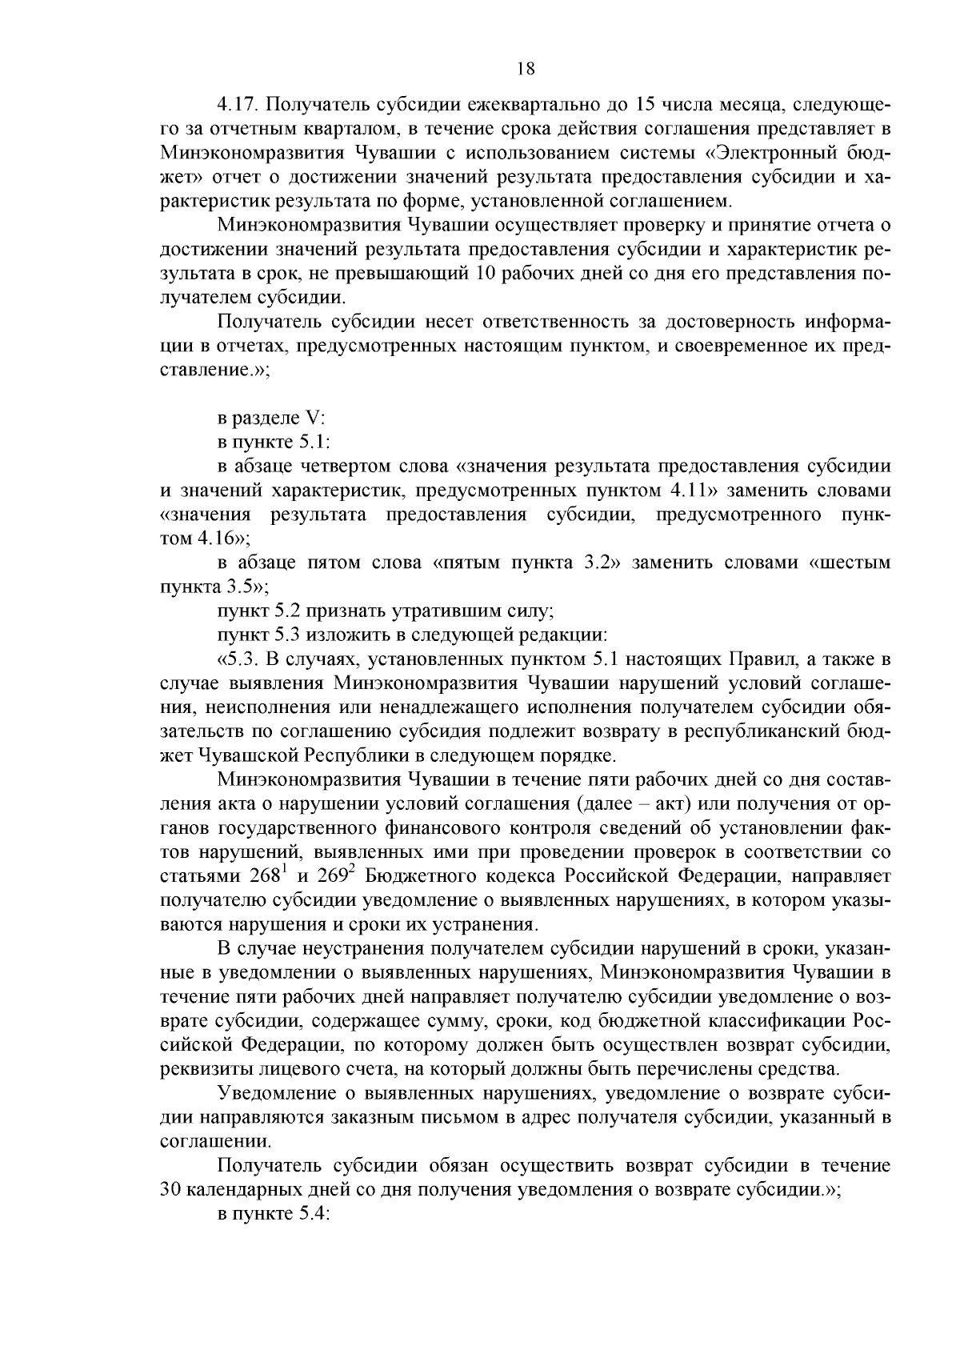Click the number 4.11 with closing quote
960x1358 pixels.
686,491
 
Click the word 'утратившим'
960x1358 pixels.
439,611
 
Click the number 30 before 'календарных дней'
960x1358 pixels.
172,1188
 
